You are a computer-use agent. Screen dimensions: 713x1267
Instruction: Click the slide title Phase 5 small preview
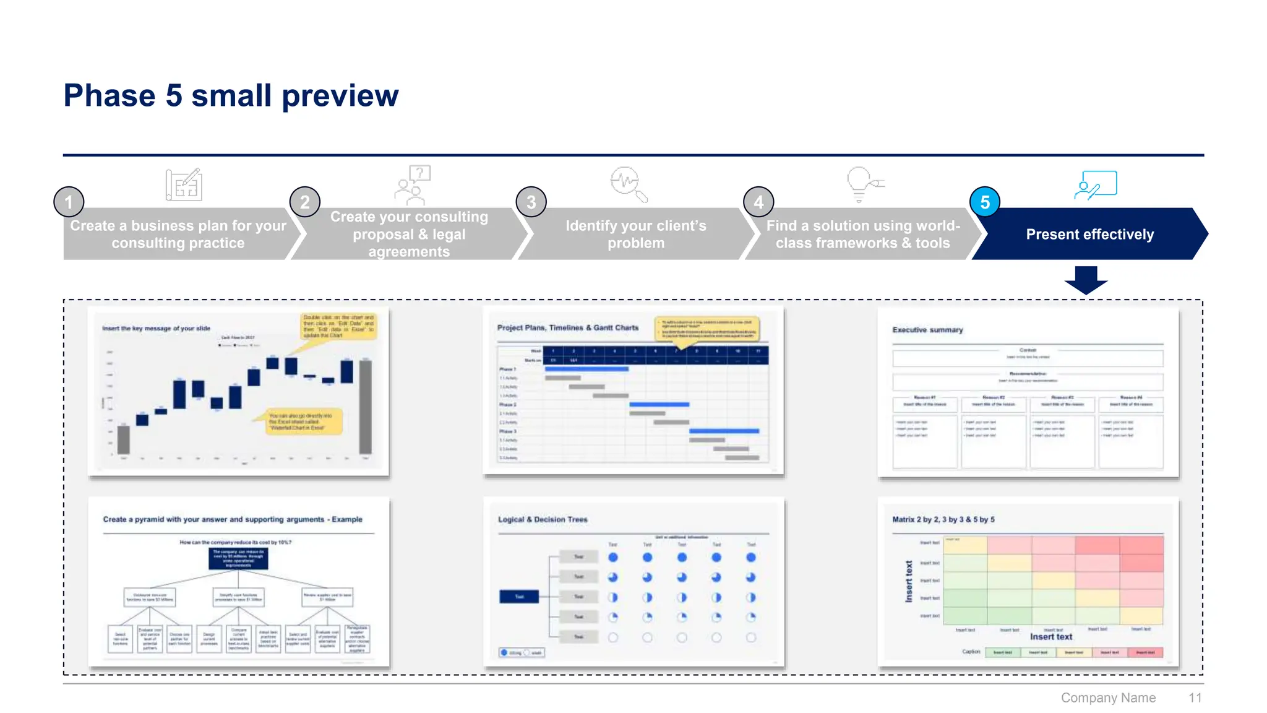[231, 96]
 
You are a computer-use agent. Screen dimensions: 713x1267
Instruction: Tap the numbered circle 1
[69, 202]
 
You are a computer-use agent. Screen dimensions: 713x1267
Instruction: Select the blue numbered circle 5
[985, 202]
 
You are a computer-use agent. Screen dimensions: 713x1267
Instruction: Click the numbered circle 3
[531, 202]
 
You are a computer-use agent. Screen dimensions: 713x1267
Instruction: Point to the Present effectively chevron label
[1089, 235]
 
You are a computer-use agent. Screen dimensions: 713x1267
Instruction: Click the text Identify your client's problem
[635, 235]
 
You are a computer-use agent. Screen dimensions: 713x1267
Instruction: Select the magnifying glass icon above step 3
[628, 184]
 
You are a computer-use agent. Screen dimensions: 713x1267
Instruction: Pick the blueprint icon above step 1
[184, 184]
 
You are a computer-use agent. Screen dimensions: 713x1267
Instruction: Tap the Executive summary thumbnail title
[927, 330]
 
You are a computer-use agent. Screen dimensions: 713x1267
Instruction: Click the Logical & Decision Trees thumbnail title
[543, 519]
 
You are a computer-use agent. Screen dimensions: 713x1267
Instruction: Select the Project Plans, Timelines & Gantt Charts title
[567, 327]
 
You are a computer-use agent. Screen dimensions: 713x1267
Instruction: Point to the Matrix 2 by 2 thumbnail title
[943, 519]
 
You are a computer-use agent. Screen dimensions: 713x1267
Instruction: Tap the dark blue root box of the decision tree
[518, 597]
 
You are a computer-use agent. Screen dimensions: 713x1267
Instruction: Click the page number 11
[1195, 698]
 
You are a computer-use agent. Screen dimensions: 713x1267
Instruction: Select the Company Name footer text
[1108, 698]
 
